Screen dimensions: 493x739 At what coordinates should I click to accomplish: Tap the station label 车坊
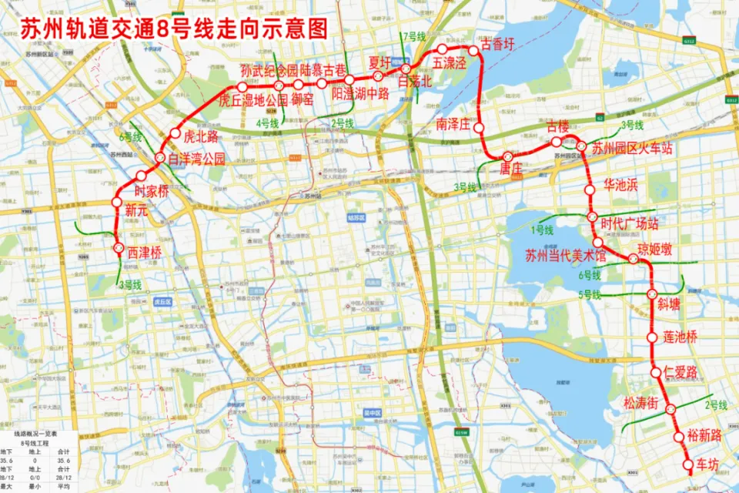pyautogui.click(x=707, y=464)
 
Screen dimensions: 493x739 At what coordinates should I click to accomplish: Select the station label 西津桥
pyautogui.click(x=145, y=253)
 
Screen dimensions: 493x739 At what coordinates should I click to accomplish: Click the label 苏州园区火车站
pyautogui.click(x=632, y=149)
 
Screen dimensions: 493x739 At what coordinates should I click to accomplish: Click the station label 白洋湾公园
pyautogui.click(x=196, y=159)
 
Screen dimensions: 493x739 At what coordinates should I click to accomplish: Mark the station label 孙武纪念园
pyautogui.click(x=269, y=71)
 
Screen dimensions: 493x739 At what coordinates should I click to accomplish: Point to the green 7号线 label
pyautogui.click(x=413, y=36)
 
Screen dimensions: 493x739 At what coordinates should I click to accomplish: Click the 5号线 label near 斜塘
pyautogui.click(x=590, y=293)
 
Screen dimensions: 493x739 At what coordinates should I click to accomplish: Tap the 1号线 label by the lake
pyautogui.click(x=542, y=230)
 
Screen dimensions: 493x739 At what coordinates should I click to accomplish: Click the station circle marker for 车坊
pyautogui.click(x=688, y=464)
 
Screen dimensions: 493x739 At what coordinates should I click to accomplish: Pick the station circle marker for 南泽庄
pyautogui.click(x=478, y=127)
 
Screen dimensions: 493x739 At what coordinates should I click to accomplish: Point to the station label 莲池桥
pyautogui.click(x=680, y=337)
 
